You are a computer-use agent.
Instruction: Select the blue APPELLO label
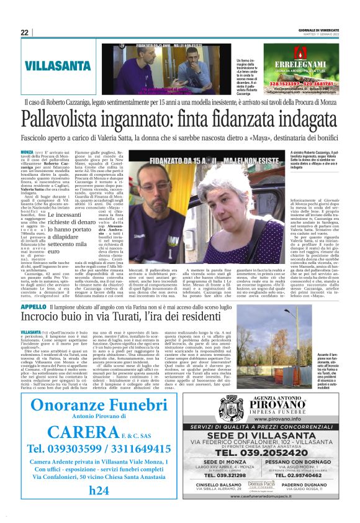pyautogui.click(x=34, y=307)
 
